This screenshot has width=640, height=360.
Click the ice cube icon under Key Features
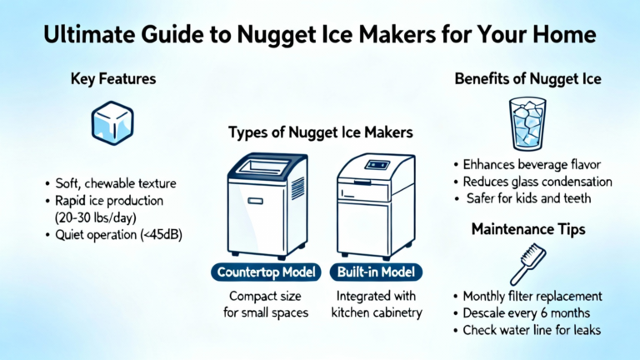(x=112, y=122)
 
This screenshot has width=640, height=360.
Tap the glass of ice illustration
(x=527, y=124)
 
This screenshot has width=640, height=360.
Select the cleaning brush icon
(x=527, y=264)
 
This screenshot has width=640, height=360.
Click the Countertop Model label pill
(x=266, y=272)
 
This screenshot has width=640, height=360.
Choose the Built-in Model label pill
(x=376, y=272)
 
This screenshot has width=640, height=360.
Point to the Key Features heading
(x=113, y=79)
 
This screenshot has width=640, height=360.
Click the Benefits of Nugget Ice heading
(x=527, y=79)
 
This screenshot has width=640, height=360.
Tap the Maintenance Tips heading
(x=528, y=229)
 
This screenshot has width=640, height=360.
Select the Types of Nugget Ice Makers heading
(x=320, y=132)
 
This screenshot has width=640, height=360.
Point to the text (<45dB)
(x=161, y=235)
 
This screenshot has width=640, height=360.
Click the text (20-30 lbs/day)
(x=96, y=217)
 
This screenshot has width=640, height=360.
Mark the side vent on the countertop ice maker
(x=297, y=188)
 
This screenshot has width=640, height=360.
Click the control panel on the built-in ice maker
(x=377, y=165)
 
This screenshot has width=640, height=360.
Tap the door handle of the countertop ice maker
(x=256, y=201)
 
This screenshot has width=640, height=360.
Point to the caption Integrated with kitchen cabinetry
(x=377, y=304)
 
